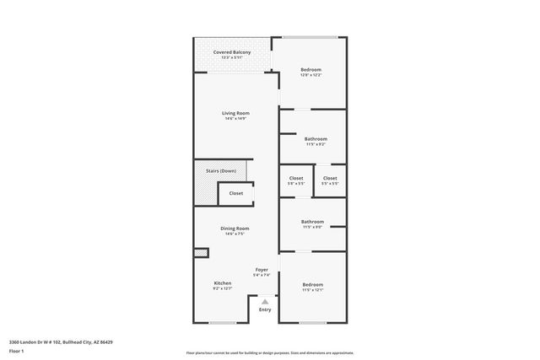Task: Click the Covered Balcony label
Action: pyautogui.click(x=231, y=52)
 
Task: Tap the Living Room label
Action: pyautogui.click(x=235, y=113)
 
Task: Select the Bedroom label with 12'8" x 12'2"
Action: pyautogui.click(x=311, y=69)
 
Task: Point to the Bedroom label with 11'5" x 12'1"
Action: pyautogui.click(x=312, y=284)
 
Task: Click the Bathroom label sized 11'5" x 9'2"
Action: pyautogui.click(x=316, y=138)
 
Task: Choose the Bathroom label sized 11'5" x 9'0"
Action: pyautogui.click(x=312, y=222)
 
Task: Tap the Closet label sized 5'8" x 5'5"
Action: pyautogui.click(x=296, y=178)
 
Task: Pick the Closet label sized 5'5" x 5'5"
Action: pyautogui.click(x=330, y=178)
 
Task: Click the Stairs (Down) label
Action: pyautogui.click(x=221, y=171)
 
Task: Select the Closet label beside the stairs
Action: pyautogui.click(x=236, y=193)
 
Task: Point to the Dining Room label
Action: pyautogui.click(x=235, y=228)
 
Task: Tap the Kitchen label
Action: pyautogui.click(x=223, y=283)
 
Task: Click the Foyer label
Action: pyautogui.click(x=262, y=270)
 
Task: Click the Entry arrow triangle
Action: pyautogui.click(x=265, y=301)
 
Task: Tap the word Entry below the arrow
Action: pyautogui.click(x=265, y=309)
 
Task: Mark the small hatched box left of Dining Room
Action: pyautogui.click(x=201, y=252)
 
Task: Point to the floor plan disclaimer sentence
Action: pyautogui.click(x=269, y=352)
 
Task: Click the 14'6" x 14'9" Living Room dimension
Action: pyautogui.click(x=235, y=119)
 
